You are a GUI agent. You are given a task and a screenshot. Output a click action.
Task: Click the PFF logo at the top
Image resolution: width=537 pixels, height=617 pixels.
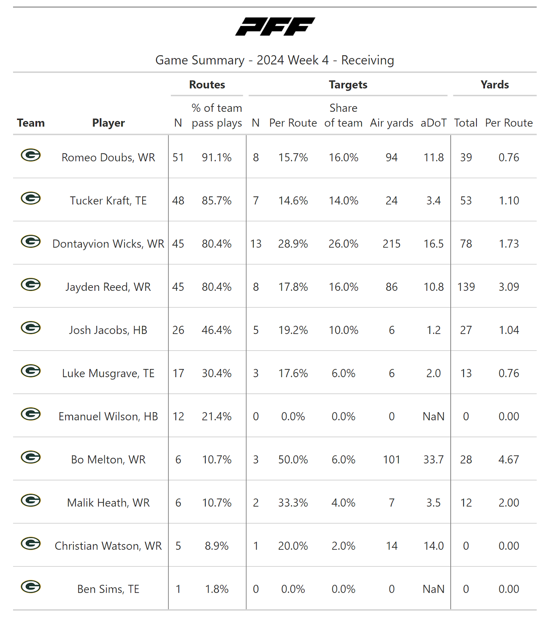(275, 27)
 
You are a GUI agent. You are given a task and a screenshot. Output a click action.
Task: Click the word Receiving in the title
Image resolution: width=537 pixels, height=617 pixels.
(367, 60)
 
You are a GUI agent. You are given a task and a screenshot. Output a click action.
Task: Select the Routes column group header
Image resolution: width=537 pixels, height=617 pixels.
(207, 85)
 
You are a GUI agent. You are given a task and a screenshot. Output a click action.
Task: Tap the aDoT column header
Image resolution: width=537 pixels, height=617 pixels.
(433, 123)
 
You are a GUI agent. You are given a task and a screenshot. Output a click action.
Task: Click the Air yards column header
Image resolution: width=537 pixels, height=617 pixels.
(391, 123)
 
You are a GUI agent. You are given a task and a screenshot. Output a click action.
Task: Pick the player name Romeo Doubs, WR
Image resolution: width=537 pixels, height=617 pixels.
(108, 157)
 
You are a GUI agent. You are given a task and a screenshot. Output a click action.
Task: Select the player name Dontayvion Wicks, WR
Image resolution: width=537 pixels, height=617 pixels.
(108, 244)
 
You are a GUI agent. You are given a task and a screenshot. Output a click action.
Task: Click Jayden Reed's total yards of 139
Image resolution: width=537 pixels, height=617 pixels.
(466, 287)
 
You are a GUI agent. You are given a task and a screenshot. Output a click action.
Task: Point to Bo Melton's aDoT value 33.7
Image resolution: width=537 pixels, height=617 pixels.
(433, 460)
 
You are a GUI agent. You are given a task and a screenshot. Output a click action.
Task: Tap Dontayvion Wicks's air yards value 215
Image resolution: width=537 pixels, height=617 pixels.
(391, 244)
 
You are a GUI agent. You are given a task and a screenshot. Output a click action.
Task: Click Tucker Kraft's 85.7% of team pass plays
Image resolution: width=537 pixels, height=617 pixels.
(217, 201)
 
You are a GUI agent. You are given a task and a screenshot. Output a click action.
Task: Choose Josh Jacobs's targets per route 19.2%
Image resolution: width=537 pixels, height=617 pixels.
(293, 330)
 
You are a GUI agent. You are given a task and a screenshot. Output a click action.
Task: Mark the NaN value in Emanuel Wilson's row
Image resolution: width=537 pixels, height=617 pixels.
(433, 416)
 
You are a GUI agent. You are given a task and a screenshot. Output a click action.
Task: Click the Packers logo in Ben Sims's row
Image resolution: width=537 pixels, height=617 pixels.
(31, 587)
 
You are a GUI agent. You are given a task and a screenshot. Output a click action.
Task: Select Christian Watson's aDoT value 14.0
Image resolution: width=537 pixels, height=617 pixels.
(433, 546)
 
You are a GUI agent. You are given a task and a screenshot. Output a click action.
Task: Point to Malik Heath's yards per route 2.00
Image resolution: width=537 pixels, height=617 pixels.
(508, 503)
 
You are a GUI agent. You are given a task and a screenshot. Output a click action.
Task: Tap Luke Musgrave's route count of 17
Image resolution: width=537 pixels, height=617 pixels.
(178, 373)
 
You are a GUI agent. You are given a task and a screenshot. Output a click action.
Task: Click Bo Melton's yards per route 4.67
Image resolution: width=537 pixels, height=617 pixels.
(508, 460)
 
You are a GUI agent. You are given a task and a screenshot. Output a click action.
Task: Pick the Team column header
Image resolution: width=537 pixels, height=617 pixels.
(31, 123)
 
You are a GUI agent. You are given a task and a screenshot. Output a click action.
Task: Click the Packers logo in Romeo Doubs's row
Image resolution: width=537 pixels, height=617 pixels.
(31, 155)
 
